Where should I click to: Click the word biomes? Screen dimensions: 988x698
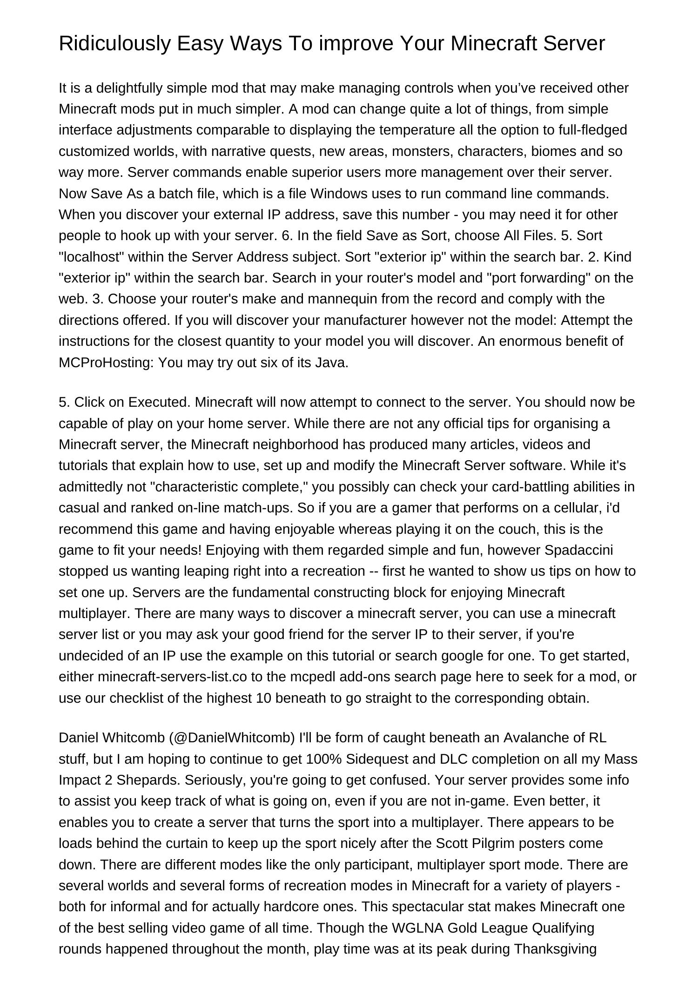553,151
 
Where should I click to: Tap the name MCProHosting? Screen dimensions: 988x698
106,363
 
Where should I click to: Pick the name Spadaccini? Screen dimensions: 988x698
578,550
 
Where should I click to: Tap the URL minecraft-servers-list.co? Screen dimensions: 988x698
172,677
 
